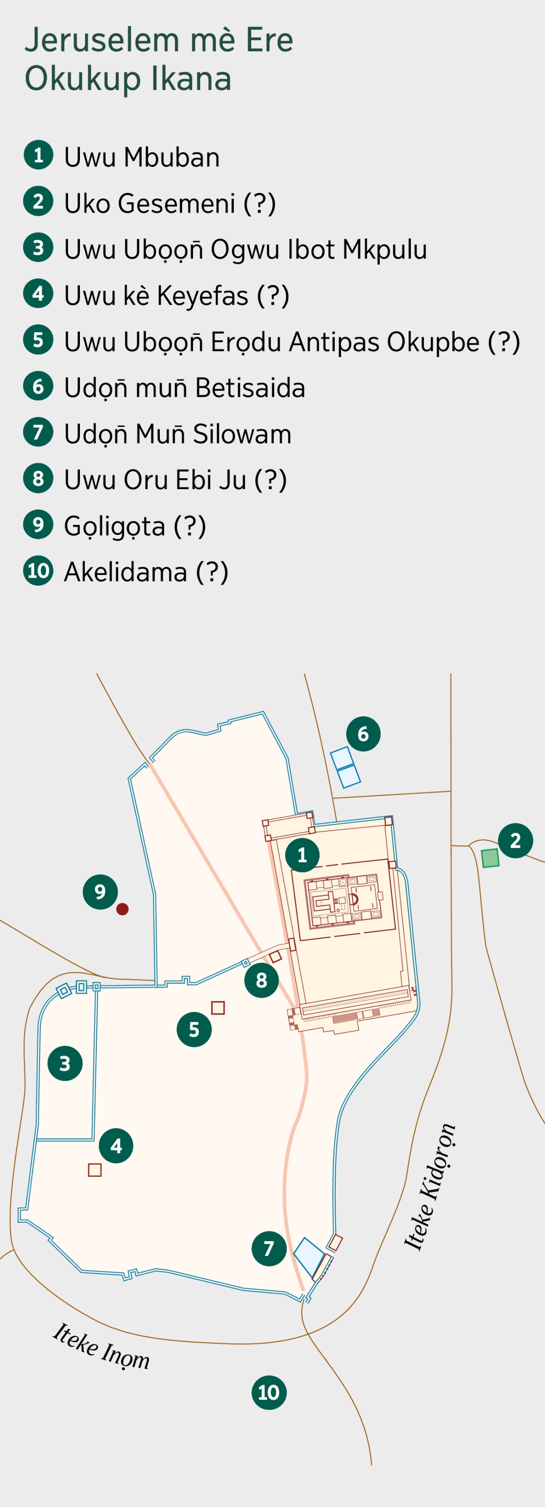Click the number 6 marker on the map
tap(363, 734)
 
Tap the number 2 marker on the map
tap(515, 841)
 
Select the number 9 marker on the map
tap(100, 892)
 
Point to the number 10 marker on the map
tap(269, 1393)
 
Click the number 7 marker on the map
tap(269, 1249)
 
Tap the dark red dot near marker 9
tap(122, 909)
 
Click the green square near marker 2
tap(490, 858)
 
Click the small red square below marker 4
tap(95, 1170)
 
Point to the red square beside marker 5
tap(218, 1007)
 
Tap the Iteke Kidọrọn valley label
tap(429, 1188)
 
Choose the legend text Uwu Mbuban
tap(142, 157)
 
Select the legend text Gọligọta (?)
tap(134, 526)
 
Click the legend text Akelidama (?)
tap(146, 572)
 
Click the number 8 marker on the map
tap(262, 980)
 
